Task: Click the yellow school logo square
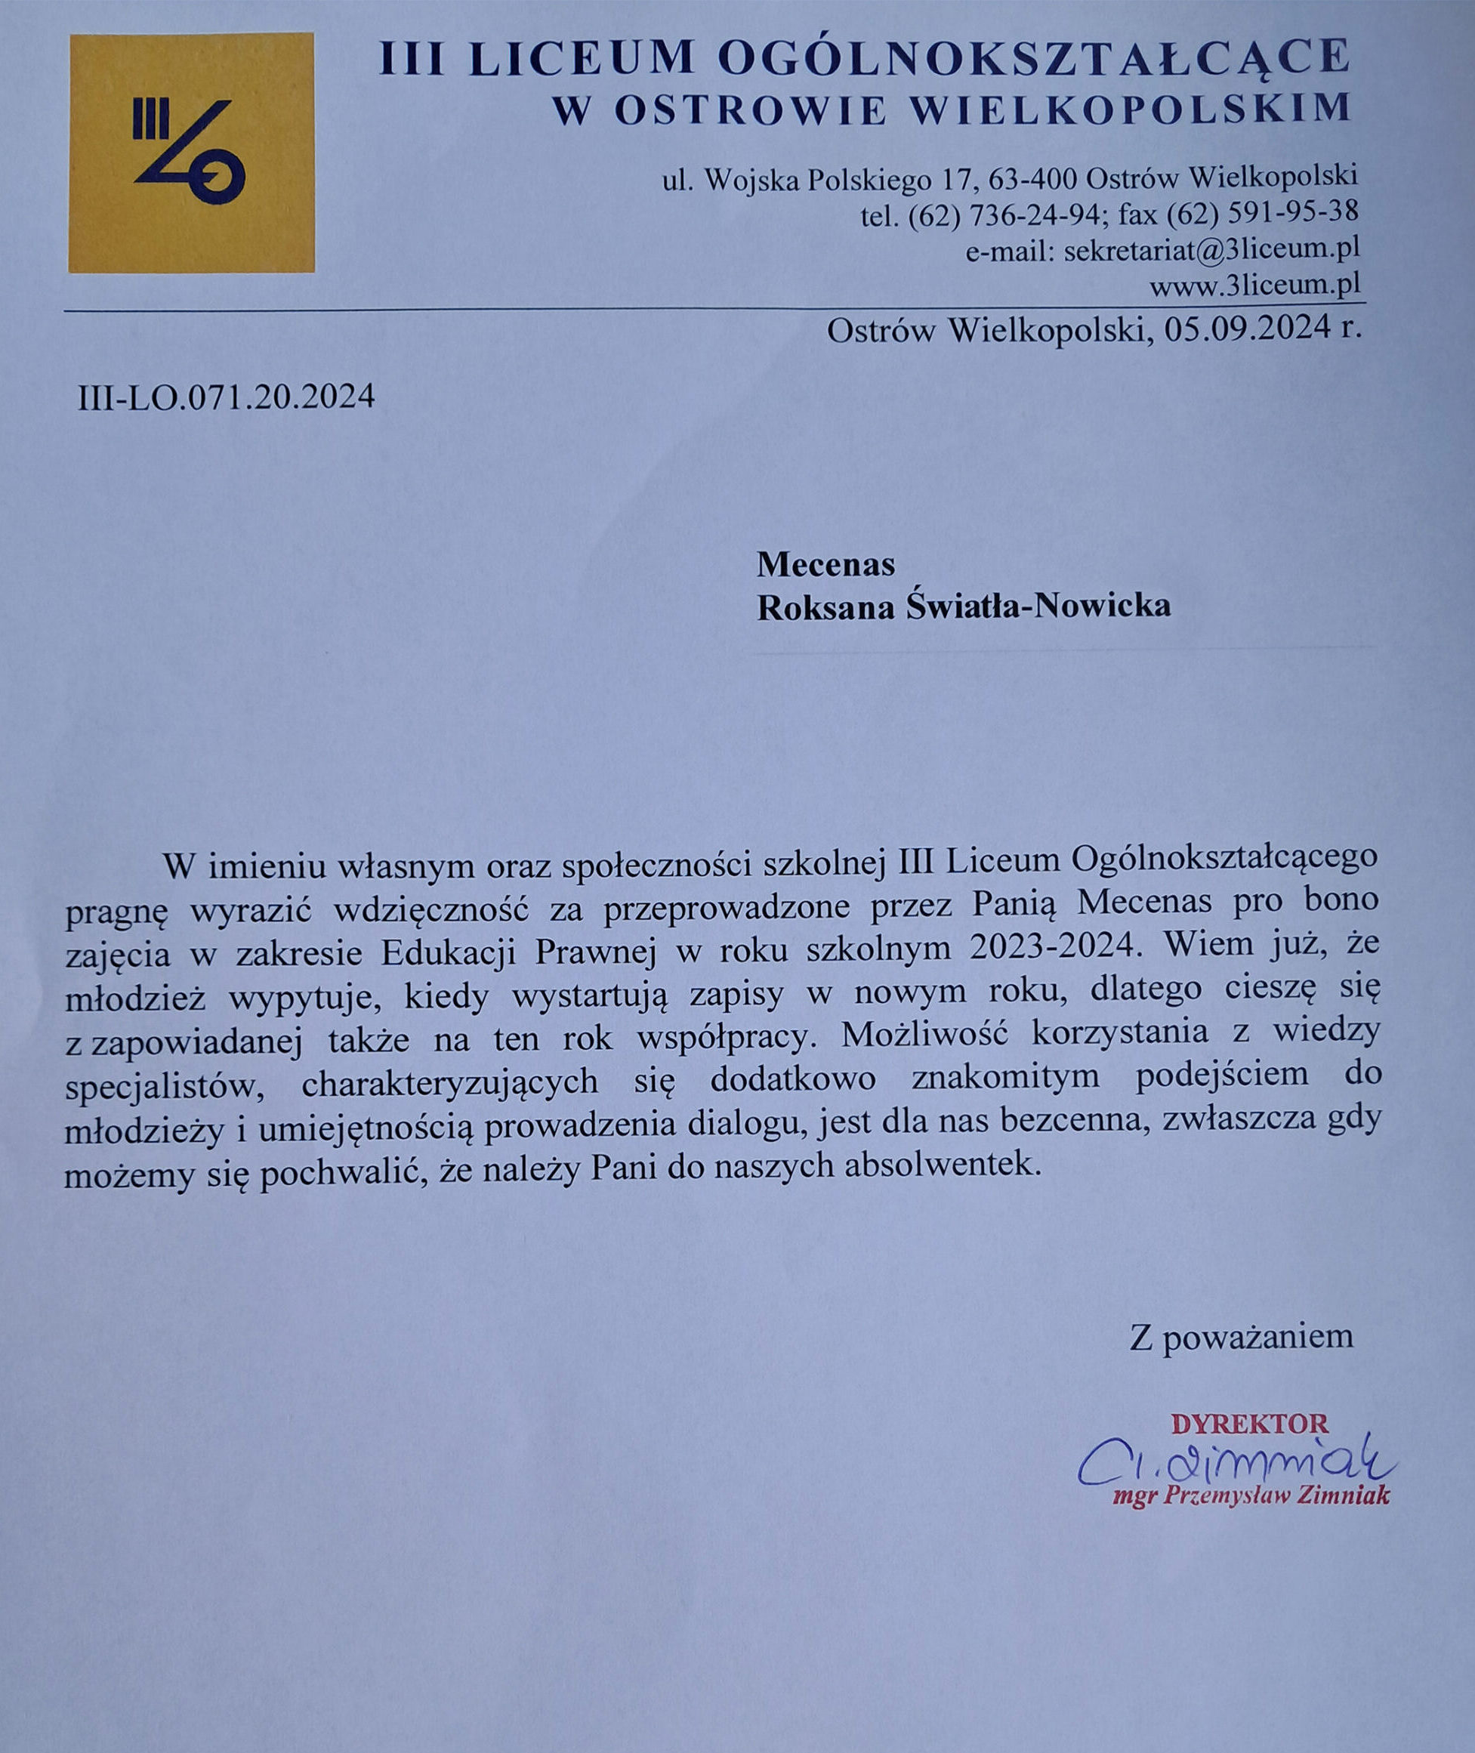(192, 153)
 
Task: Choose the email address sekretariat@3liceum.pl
(1211, 250)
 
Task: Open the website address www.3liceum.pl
(1254, 285)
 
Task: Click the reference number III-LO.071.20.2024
(226, 397)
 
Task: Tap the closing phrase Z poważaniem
(1241, 1337)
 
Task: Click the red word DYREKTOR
(1249, 1423)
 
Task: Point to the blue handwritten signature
(1230, 1459)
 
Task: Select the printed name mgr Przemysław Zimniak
(1251, 1495)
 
